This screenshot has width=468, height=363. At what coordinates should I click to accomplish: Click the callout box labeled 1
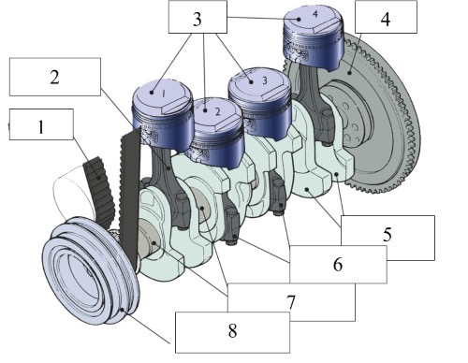click(x=38, y=126)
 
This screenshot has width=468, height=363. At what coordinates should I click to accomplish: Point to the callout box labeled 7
click(x=293, y=301)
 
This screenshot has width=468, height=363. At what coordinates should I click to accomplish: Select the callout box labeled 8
click(x=232, y=331)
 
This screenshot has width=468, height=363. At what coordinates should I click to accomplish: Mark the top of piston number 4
click(x=317, y=17)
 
